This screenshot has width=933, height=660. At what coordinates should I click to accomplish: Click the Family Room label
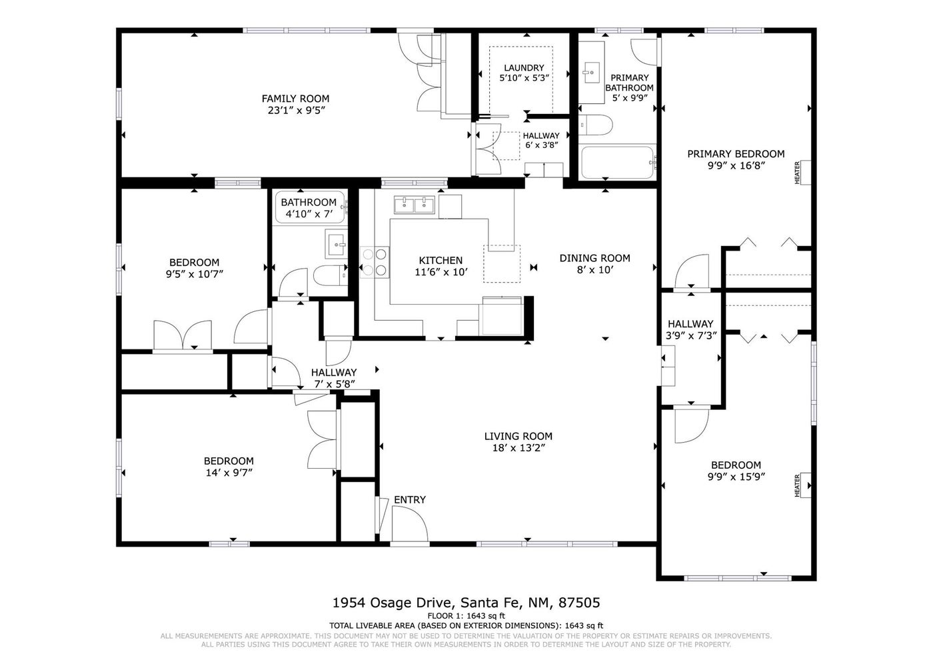click(295, 99)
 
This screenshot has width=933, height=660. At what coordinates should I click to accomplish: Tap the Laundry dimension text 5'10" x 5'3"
click(524, 77)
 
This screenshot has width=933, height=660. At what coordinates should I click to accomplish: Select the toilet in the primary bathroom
click(596, 125)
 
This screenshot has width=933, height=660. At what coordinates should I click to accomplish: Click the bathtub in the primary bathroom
click(617, 162)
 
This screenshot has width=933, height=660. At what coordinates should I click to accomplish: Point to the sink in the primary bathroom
click(591, 73)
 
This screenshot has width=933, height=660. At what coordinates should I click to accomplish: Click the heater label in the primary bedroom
click(797, 173)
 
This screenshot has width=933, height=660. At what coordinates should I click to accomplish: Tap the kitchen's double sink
click(414, 205)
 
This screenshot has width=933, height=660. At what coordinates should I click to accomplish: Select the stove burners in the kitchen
click(375, 262)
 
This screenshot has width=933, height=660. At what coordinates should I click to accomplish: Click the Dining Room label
click(594, 258)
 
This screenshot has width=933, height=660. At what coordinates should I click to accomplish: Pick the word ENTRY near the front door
click(410, 499)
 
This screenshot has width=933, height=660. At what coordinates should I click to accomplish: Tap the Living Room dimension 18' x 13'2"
click(518, 448)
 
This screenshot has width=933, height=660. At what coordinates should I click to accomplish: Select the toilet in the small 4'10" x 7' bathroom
click(330, 275)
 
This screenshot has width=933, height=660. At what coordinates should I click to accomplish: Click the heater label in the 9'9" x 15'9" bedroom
click(797, 485)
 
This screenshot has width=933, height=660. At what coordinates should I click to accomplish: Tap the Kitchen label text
click(441, 261)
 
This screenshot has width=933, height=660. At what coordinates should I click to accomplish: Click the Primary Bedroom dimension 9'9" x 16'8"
click(736, 165)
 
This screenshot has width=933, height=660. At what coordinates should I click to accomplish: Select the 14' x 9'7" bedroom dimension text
click(229, 473)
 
